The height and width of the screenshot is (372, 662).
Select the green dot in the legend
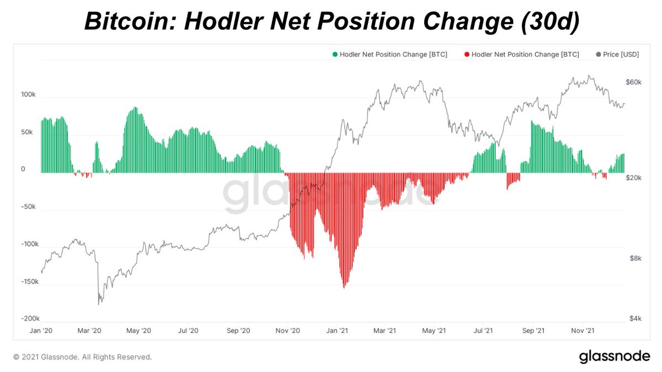pyautogui.click(x=334, y=55)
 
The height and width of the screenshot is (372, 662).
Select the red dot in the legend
pyautogui.click(x=467, y=55)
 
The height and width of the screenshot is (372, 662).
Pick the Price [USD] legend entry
pyautogui.click(x=619, y=55)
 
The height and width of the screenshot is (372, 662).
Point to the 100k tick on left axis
pyautogui.click(x=28, y=95)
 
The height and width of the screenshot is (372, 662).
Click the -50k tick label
pyautogui.click(x=28, y=207)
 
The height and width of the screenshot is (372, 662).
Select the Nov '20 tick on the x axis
pyautogui.click(x=287, y=331)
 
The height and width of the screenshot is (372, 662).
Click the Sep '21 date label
pyautogui.click(x=533, y=331)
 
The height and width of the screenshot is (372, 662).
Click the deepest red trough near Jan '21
pyautogui.click(x=344, y=287)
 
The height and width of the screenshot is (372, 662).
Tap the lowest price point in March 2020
pyautogui.click(x=99, y=304)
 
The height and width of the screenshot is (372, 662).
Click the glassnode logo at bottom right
pyautogui.click(x=614, y=357)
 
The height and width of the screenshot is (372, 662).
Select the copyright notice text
pyautogui.click(x=82, y=357)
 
